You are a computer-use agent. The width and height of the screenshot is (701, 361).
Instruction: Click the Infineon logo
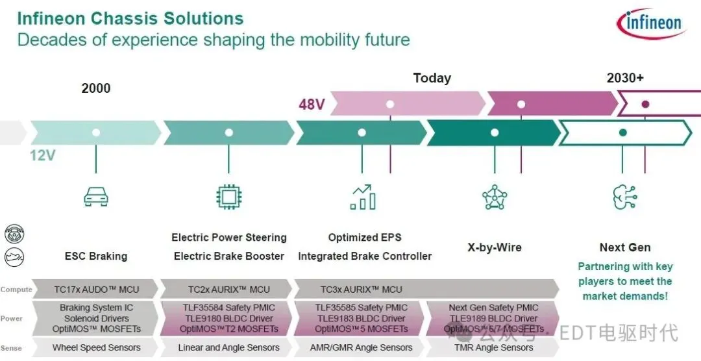click(652, 25)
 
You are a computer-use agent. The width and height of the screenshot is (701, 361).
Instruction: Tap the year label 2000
click(96, 88)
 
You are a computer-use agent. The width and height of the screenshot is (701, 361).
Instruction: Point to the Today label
click(432, 78)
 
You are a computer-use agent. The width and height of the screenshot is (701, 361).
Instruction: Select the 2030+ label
click(625, 78)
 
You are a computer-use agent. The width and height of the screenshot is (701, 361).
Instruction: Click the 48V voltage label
click(312, 105)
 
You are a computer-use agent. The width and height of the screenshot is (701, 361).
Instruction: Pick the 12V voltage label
click(43, 156)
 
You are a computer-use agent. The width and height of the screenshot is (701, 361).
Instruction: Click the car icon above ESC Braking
click(96, 197)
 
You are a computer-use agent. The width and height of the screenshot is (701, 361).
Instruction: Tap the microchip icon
click(228, 197)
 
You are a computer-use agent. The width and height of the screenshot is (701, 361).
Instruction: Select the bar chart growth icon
click(363, 197)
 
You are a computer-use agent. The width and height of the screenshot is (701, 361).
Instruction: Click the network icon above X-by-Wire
click(495, 197)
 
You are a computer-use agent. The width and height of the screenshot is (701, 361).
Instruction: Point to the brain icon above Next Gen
click(624, 197)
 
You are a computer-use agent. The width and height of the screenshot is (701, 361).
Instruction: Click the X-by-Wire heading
click(495, 247)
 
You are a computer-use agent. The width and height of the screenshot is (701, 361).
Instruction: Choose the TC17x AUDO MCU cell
click(96, 290)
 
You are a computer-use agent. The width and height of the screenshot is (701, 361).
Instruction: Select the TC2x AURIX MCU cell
click(228, 290)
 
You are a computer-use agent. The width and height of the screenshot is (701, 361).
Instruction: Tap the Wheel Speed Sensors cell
click(96, 347)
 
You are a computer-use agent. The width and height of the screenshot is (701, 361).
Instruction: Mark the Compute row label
click(16, 290)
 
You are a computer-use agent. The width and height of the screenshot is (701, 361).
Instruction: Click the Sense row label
click(12, 348)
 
